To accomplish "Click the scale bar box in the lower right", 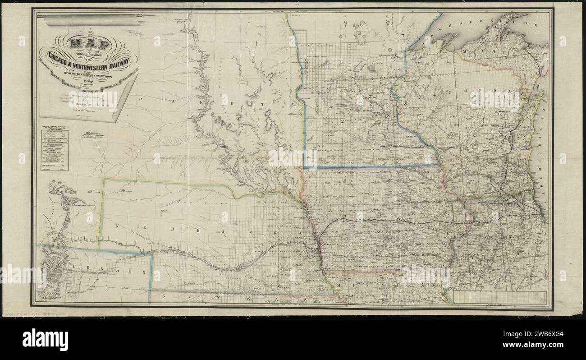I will (500, 297).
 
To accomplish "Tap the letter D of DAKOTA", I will (142, 98).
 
